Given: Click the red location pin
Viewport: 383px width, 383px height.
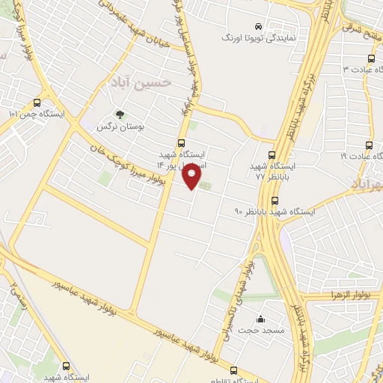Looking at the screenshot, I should coord(193,177).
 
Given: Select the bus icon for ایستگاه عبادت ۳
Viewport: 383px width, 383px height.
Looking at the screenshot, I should coord(371,58).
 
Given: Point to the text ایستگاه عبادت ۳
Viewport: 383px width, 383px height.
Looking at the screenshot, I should coord(358,70).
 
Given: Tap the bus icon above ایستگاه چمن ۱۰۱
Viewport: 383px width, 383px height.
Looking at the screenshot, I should coord(38,102).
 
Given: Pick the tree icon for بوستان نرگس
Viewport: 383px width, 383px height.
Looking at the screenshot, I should coord(118,114).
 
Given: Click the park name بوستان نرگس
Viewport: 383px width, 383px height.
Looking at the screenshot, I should coord(119,127).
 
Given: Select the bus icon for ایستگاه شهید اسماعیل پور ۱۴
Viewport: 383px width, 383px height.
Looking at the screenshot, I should coord(181,144).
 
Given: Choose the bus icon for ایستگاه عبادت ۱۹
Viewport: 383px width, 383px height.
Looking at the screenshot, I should coord(368,145).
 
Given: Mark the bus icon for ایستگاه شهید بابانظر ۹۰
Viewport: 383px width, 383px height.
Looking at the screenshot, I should coord(275,200).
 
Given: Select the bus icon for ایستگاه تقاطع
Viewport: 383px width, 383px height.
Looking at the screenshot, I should coord(234,370).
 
